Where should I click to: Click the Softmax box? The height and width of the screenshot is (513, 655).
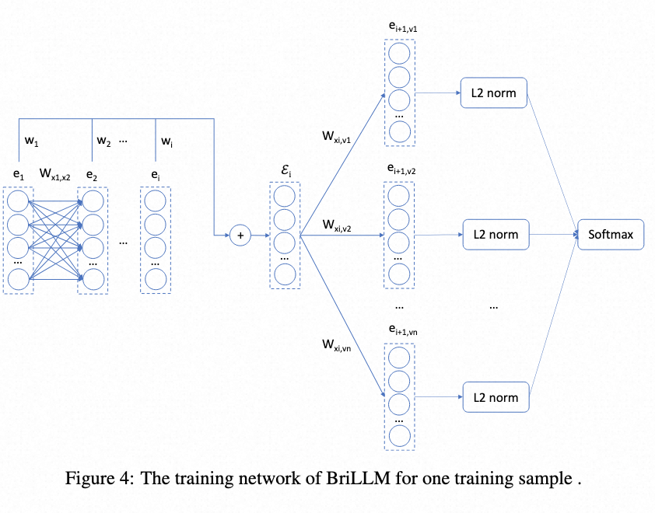click(x=611, y=234)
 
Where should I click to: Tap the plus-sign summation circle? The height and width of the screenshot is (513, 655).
click(x=240, y=234)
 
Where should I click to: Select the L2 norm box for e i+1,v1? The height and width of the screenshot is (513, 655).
click(x=494, y=94)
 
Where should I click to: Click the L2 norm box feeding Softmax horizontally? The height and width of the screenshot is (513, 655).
click(x=494, y=234)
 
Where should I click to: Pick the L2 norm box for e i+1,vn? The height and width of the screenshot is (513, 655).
click(x=494, y=397)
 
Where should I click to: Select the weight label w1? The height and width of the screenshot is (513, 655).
click(x=32, y=141)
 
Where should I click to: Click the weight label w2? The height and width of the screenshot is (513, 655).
click(x=103, y=141)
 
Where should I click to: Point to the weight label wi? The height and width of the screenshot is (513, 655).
click(x=166, y=141)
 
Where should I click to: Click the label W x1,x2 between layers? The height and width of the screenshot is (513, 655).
click(x=55, y=174)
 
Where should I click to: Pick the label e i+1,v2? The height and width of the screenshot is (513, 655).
click(x=399, y=169)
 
